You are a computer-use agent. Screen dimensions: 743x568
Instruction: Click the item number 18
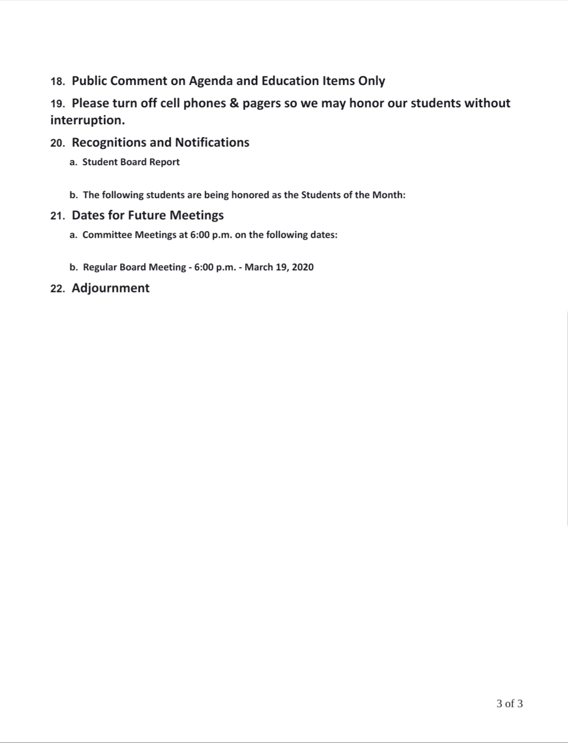pos(57,81)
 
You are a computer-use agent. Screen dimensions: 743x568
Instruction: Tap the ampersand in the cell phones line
pos(234,103)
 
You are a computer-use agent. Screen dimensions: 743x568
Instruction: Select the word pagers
pos(261,104)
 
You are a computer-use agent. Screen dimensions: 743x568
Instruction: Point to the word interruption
pos(87,120)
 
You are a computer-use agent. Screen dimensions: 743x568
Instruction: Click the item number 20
pos(57,143)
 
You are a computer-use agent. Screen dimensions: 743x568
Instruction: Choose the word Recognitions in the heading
pos(109,142)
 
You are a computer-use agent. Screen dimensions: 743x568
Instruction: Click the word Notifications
pos(212,142)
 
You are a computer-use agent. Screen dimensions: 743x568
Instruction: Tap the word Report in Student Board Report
pos(164,162)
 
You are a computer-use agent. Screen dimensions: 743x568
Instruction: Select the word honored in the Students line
pos(250,195)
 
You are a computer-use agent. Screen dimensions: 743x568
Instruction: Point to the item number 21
pos(57,216)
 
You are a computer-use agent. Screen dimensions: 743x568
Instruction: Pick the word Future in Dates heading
pos(147,215)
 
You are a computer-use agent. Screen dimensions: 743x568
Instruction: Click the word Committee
pos(107,235)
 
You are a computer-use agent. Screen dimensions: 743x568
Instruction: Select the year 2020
pos(302,267)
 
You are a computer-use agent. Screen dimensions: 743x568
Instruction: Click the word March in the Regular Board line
pos(259,267)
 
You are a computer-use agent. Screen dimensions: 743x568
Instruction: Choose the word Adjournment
pos(111,288)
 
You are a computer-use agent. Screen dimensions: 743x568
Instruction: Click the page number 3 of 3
pos(510,704)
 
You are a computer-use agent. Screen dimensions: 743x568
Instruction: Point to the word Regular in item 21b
pos(100,267)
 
